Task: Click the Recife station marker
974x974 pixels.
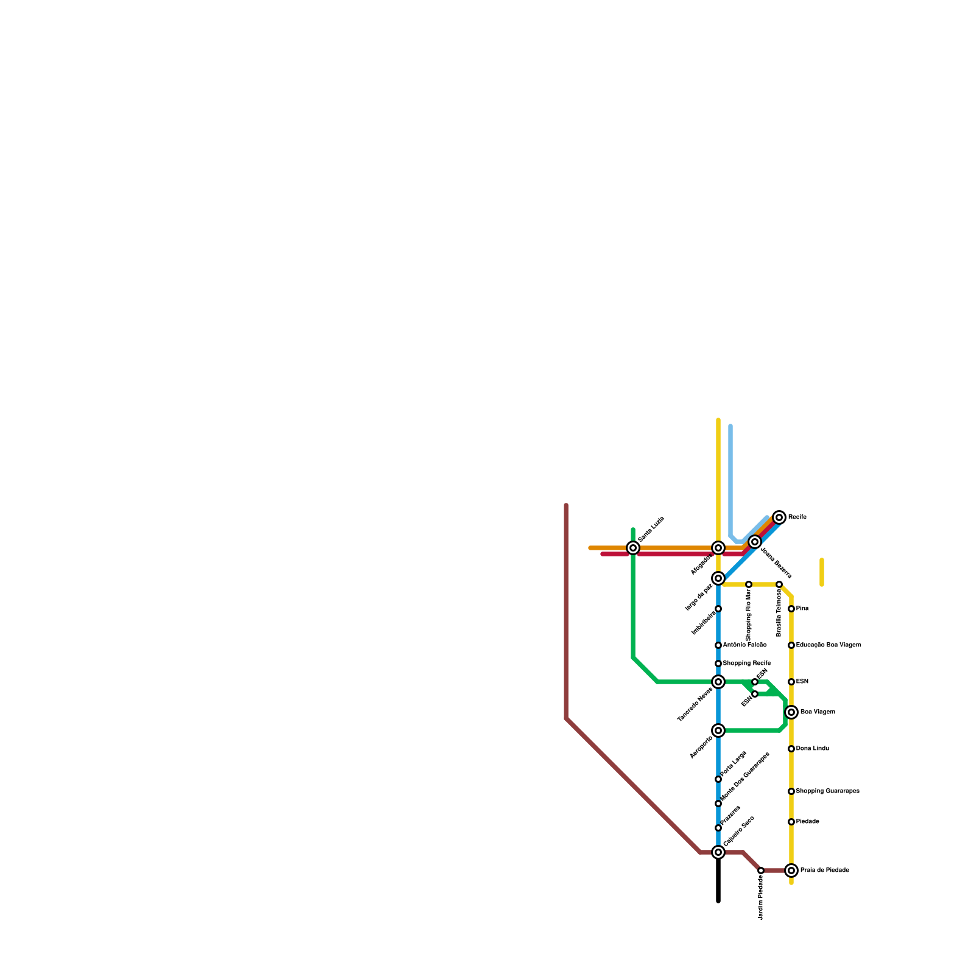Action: click(779, 517)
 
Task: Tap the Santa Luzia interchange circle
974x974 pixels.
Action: click(633, 548)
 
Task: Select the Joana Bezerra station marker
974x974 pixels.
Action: click(755, 542)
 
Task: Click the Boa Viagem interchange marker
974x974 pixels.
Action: click(791, 712)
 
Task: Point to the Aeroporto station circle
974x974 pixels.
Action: click(718, 730)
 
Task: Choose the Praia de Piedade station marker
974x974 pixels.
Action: click(791, 871)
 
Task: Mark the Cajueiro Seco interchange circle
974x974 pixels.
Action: click(718, 852)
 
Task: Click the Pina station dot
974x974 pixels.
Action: click(791, 609)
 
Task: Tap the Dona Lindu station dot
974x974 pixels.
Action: click(791, 749)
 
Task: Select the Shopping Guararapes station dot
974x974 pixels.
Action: click(791, 791)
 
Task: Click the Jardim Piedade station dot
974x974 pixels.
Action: click(761, 871)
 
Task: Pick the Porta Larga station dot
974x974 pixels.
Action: click(718, 779)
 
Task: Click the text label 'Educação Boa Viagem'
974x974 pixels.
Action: click(828, 645)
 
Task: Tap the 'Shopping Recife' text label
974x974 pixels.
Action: click(747, 664)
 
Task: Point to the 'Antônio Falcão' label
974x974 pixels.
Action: click(745, 645)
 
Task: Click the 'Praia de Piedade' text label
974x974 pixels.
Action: click(824, 871)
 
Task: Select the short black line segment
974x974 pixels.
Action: click(718, 880)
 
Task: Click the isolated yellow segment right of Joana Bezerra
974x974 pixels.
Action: click(822, 572)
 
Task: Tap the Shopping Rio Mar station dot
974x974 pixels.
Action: click(749, 584)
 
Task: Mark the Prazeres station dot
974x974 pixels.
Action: click(718, 828)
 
